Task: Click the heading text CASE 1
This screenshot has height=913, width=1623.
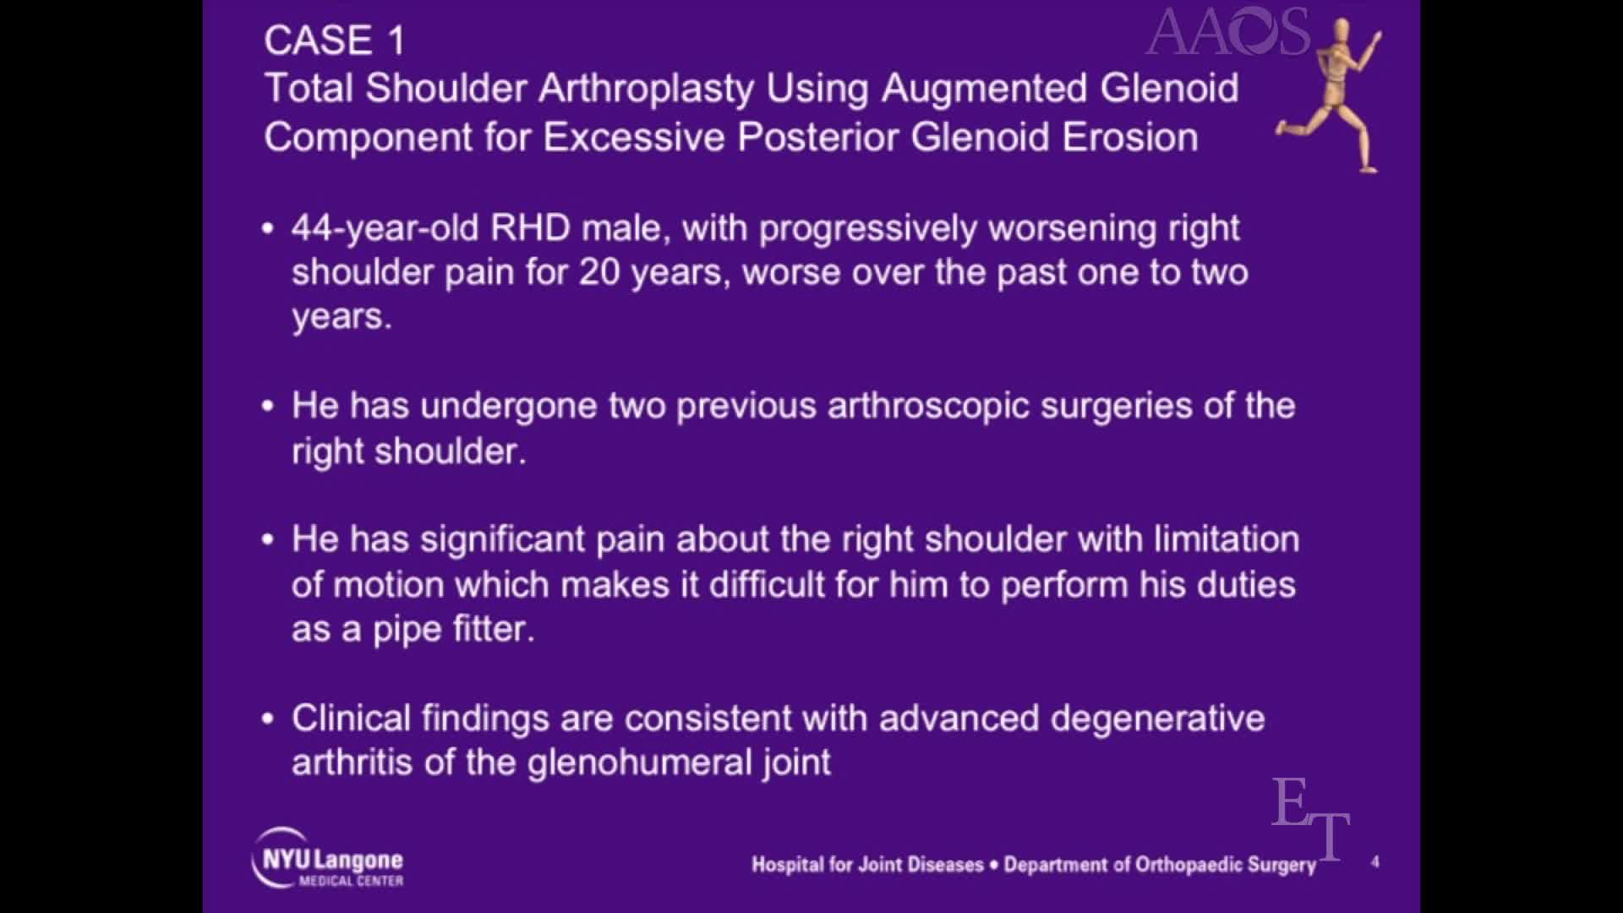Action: tap(335, 41)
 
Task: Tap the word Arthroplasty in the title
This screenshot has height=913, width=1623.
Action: tap(648, 89)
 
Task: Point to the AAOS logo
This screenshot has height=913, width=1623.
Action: tap(1227, 32)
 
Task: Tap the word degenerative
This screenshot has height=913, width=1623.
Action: tap(1157, 719)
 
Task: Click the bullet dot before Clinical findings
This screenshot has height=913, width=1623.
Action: tap(269, 719)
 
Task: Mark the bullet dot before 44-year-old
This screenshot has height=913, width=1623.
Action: tap(269, 228)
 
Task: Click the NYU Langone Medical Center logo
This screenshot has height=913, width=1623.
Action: tap(328, 859)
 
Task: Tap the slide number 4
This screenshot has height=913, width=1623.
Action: tap(1375, 861)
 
